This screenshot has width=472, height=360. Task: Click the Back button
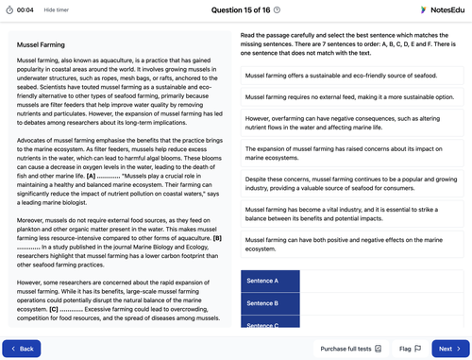(x=22, y=349)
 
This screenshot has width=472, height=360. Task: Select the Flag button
(x=410, y=349)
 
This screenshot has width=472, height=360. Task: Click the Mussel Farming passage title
(x=39, y=43)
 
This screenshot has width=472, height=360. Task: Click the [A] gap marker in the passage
(x=90, y=175)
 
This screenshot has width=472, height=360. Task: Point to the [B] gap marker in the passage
(x=218, y=237)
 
